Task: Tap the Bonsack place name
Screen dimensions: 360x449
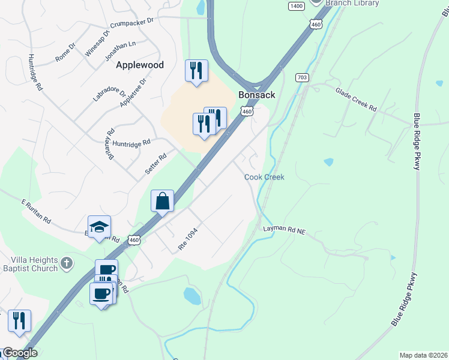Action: pyautogui.click(x=256, y=95)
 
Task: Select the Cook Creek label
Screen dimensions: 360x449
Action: pyautogui.click(x=264, y=177)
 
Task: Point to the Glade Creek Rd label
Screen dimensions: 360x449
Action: pyautogui.click(x=356, y=100)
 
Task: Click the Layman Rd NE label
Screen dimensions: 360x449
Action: pyautogui.click(x=285, y=229)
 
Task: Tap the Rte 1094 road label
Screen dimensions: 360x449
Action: pyautogui.click(x=187, y=239)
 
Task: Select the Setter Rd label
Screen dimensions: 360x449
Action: pyautogui.click(x=155, y=163)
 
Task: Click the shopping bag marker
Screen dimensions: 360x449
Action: pyautogui.click(x=163, y=201)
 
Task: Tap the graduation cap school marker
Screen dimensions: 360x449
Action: pyautogui.click(x=99, y=227)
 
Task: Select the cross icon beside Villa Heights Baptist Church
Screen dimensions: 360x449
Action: pyautogui.click(x=67, y=262)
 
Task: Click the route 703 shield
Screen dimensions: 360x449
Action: pyautogui.click(x=302, y=78)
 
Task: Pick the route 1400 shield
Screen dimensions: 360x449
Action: pyautogui.click(x=296, y=6)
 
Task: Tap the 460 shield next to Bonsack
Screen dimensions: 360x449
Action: pyautogui.click(x=247, y=111)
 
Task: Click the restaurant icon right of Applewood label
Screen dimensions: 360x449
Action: pyautogui.click(x=196, y=71)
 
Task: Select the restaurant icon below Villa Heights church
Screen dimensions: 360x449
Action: pyautogui.click(x=19, y=320)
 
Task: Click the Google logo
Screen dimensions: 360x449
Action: pyautogui.click(x=19, y=353)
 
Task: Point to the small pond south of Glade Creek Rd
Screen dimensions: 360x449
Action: pyautogui.click(x=328, y=162)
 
